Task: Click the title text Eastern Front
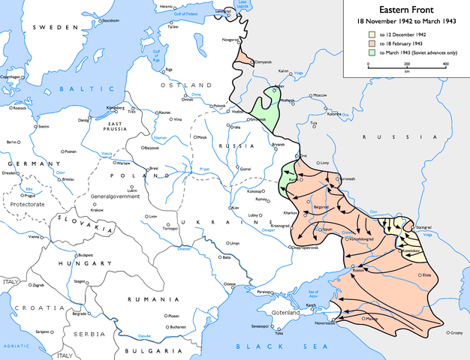coord(405,10)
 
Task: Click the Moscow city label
coord(321,96)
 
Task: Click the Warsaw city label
coord(122,163)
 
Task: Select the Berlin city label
coord(11,142)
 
